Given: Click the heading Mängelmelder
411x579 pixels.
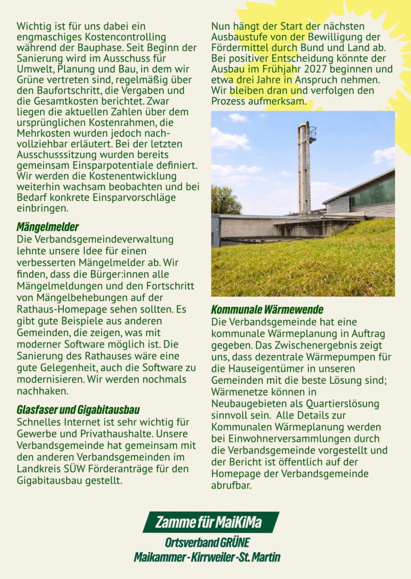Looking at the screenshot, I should coord(48,227).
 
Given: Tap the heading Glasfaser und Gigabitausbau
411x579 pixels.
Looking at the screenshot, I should coord(78,410).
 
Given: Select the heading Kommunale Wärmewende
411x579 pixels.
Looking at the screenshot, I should coord(267,310).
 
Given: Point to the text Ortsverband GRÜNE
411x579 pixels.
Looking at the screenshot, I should coord(207,542).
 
